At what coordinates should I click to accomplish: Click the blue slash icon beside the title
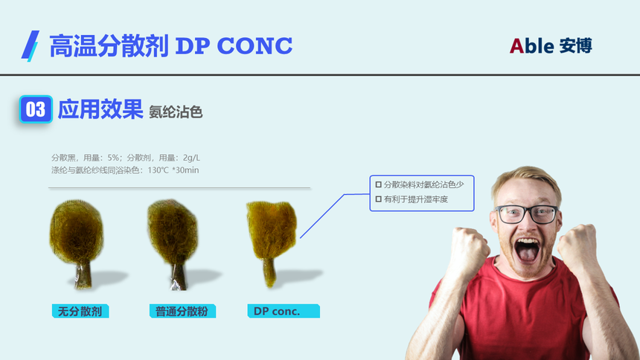click(31, 45)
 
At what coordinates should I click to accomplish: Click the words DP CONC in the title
click(234, 45)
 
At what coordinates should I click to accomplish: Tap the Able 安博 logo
click(551, 45)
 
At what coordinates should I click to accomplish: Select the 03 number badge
click(36, 109)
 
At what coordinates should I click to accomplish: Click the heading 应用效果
click(100, 109)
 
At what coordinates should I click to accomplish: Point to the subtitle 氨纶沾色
click(176, 112)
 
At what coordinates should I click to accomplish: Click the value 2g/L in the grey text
click(191, 158)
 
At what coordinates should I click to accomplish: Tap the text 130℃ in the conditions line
click(158, 170)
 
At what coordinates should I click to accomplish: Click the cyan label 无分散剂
click(80, 311)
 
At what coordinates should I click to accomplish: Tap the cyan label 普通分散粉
click(182, 311)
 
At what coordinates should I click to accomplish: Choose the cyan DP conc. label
click(284, 311)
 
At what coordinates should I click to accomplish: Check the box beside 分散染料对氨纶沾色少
click(378, 184)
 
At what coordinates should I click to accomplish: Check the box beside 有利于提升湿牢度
click(378, 199)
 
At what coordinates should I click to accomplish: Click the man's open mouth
click(527, 250)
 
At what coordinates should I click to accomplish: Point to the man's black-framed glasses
click(527, 214)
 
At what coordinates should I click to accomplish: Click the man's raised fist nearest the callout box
click(469, 250)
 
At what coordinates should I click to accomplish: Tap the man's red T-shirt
click(522, 315)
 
